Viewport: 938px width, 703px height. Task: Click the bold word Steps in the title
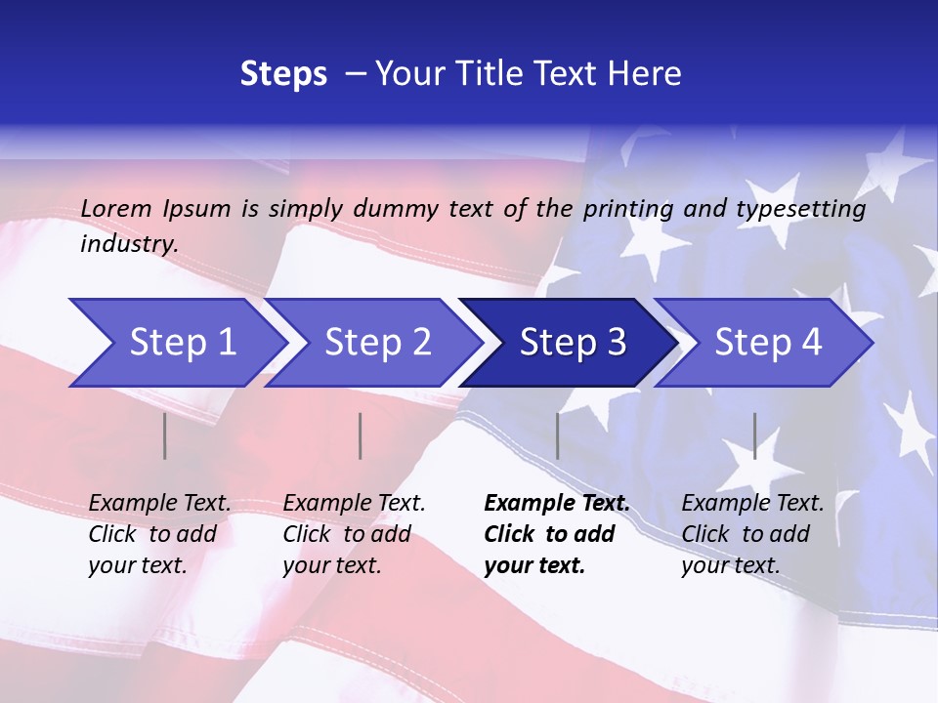pos(283,74)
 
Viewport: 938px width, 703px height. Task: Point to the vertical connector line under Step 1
pos(165,435)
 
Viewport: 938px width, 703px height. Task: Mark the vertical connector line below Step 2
pos(361,435)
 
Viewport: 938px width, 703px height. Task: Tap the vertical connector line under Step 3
pos(557,435)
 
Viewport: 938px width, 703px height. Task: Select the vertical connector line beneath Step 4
pos(754,435)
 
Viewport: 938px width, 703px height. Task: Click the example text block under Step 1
pos(159,534)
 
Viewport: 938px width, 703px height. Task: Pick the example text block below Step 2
pos(354,534)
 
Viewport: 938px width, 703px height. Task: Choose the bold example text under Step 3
pos(557,534)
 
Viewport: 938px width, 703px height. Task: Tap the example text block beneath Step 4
pos(752,534)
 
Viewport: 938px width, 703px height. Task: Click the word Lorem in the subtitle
pos(116,208)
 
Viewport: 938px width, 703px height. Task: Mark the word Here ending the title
pos(645,74)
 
